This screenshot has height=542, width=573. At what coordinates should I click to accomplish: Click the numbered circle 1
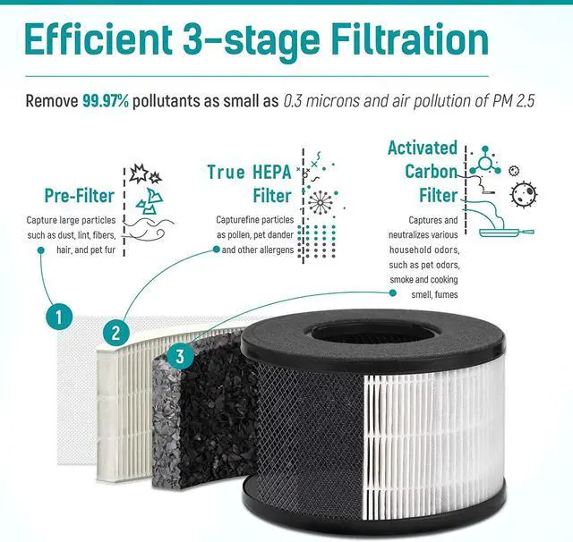tap(59, 318)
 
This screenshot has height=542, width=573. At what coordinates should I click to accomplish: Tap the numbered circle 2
tap(115, 333)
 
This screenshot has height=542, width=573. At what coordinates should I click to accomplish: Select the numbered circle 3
tap(180, 356)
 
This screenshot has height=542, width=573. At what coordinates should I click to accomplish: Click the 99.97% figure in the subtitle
tap(106, 101)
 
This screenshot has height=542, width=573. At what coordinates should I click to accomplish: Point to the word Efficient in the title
tap(98, 39)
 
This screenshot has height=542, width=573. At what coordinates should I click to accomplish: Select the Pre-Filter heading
tap(80, 196)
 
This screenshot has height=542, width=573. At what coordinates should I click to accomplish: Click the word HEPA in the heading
tap(271, 173)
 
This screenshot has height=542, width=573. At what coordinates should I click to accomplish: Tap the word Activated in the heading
tap(423, 148)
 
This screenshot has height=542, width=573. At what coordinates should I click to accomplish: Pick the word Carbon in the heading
tap(432, 171)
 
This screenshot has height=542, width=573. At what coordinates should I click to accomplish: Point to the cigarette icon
tap(488, 191)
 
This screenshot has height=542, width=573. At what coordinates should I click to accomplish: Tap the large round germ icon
tap(524, 194)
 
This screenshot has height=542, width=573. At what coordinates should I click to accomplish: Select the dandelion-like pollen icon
tap(320, 202)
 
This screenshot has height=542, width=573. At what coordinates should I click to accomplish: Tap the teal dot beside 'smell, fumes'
tap(392, 293)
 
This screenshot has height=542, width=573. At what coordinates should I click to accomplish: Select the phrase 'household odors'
tap(424, 250)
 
